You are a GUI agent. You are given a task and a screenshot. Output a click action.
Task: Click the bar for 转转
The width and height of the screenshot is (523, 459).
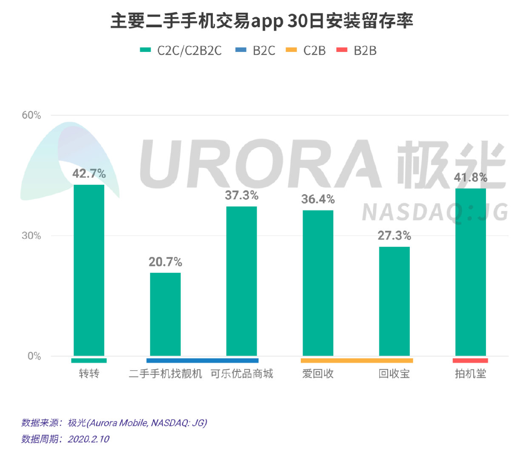point(89,270)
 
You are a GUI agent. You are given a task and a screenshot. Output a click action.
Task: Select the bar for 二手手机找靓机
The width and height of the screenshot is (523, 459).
point(165,314)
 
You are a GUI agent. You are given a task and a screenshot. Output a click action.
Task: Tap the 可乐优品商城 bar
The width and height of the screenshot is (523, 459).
point(241,281)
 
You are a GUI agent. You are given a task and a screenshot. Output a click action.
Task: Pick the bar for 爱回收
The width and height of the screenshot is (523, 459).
point(318,283)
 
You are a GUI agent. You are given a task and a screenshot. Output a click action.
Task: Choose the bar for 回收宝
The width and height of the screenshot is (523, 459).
point(394,301)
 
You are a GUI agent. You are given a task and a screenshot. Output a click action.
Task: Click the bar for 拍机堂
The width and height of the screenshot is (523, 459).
point(470,272)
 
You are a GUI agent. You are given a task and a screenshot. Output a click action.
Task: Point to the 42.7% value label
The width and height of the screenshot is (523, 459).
point(89,173)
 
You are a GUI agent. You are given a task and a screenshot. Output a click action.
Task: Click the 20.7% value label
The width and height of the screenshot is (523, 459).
point(165,262)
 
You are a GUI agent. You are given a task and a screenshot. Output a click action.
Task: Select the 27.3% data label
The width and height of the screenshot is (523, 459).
point(394,235)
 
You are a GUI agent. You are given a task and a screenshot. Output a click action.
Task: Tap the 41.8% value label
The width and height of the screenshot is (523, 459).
point(470,177)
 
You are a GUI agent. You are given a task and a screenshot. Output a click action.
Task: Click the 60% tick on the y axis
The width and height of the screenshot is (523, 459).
point(31,115)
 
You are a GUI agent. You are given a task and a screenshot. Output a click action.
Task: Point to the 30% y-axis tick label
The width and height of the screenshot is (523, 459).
point(31,235)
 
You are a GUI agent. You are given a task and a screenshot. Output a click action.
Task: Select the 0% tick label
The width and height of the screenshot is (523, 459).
point(34,356)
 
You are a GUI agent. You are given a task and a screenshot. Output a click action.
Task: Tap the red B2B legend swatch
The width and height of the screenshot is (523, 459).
point(342,50)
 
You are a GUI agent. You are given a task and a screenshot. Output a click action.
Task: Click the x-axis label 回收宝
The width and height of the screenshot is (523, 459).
point(394,374)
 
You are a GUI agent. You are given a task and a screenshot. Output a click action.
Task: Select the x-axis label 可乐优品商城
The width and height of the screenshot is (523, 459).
point(241,374)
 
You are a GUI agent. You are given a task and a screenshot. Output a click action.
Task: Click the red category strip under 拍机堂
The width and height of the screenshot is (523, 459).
point(470,360)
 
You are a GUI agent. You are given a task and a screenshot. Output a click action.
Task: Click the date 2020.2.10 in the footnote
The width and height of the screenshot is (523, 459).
point(89,439)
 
